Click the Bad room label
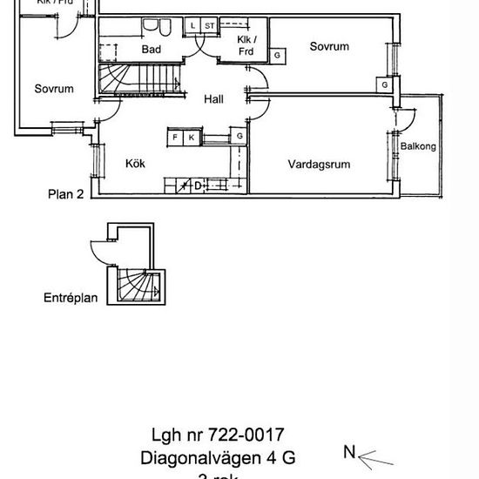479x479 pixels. pyautogui.click(x=151, y=50)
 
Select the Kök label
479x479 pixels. pyautogui.click(x=135, y=163)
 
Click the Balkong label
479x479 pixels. pyautogui.click(x=418, y=146)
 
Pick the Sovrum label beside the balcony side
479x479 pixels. pyautogui.click(x=329, y=46)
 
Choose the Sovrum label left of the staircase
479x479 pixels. pyautogui.click(x=54, y=88)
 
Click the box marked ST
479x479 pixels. pyautogui.click(x=209, y=26)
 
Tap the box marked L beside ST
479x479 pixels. pyautogui.click(x=193, y=26)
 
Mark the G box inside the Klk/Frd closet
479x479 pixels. pyautogui.click(x=277, y=56)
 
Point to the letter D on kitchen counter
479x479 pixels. pyautogui.click(x=198, y=185)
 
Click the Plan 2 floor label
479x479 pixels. pyautogui.click(x=65, y=195)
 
